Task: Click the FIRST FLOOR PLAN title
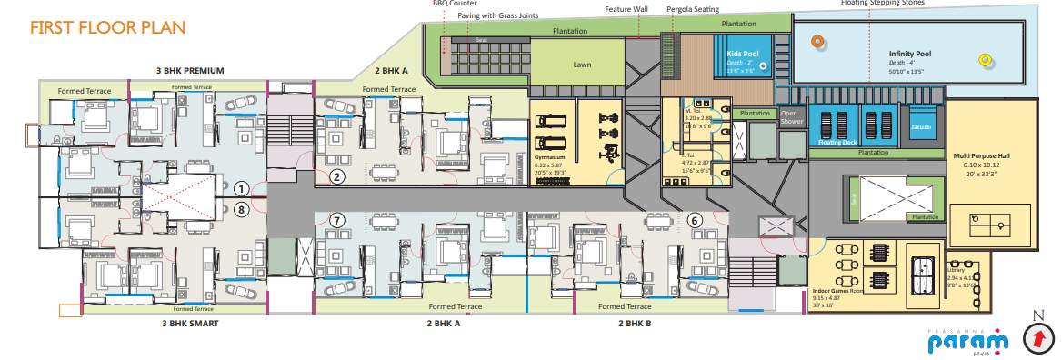pyautogui.click(x=108, y=27)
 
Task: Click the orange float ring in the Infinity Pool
pyautogui.click(x=818, y=41)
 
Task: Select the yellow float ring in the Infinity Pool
pyautogui.click(x=984, y=60)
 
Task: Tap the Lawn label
pyautogui.click(x=582, y=65)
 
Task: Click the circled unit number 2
pyautogui.click(x=337, y=176)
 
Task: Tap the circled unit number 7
pyautogui.click(x=337, y=220)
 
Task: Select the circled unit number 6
pyautogui.click(x=695, y=219)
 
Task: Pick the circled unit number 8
pyautogui.click(x=241, y=208)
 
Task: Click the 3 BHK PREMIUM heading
pyautogui.click(x=191, y=70)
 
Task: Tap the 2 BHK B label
pyautogui.click(x=635, y=323)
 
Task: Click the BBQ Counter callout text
pyautogui.click(x=454, y=4)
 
